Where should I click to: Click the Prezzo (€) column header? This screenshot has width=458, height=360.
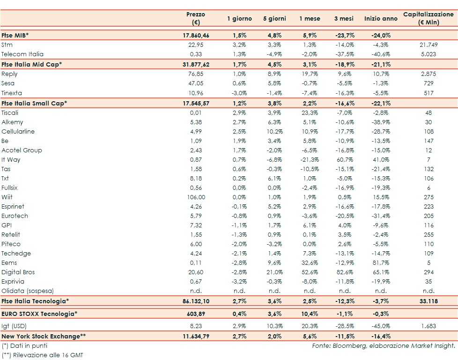click(195, 18)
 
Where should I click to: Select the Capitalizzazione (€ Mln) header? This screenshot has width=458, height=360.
click(428, 18)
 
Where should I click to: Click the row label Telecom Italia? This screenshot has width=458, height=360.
click(22, 54)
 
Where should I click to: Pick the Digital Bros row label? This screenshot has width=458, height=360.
click(18, 272)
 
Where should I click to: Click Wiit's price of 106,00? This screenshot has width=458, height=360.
click(196, 197)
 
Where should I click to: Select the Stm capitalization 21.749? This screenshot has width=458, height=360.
click(428, 45)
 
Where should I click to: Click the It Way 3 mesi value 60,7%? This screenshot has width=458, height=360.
click(344, 159)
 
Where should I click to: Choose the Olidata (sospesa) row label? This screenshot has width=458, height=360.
click(28, 291)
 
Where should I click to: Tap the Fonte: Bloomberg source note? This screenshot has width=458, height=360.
click(384, 345)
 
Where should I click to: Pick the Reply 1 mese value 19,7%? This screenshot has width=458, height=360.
click(309, 74)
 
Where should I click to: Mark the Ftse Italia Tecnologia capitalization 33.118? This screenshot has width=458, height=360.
click(428, 301)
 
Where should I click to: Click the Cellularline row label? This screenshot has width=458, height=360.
click(18, 131)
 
